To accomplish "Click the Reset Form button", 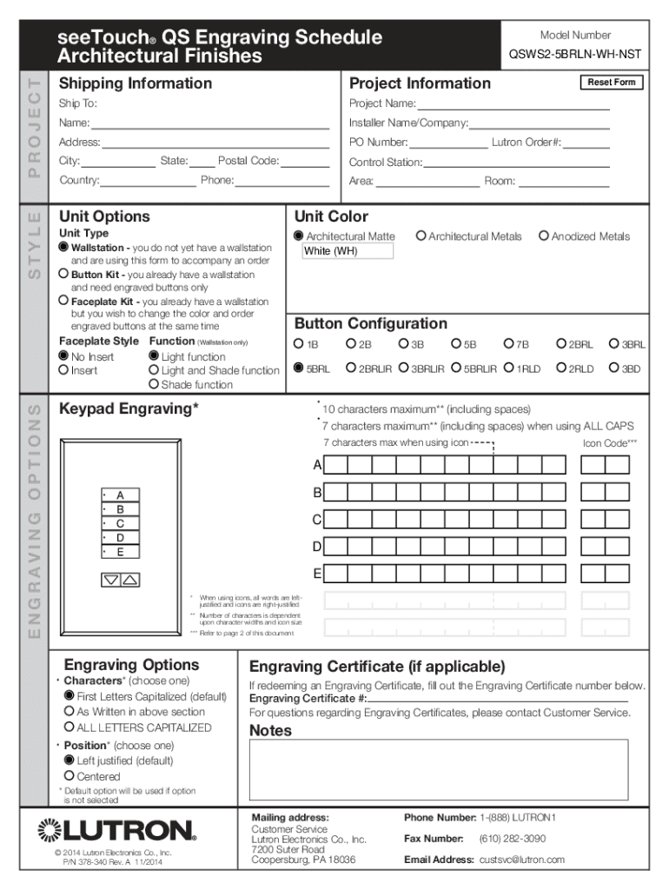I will click(611, 83).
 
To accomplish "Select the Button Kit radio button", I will click(64, 274).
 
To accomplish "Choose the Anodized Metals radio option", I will click(544, 236).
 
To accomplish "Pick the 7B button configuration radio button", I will click(509, 344).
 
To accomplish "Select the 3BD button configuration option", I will click(613, 369).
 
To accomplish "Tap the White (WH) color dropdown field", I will click(347, 251).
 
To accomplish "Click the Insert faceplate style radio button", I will click(64, 370).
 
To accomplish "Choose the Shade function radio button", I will click(154, 384).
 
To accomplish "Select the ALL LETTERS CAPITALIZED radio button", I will click(70, 727).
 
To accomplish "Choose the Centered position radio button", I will click(70, 776).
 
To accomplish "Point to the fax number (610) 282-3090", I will click(512, 839).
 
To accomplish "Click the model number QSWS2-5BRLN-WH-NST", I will click(575, 54).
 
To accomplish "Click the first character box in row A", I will click(337, 466).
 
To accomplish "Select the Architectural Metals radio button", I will click(421, 236).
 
